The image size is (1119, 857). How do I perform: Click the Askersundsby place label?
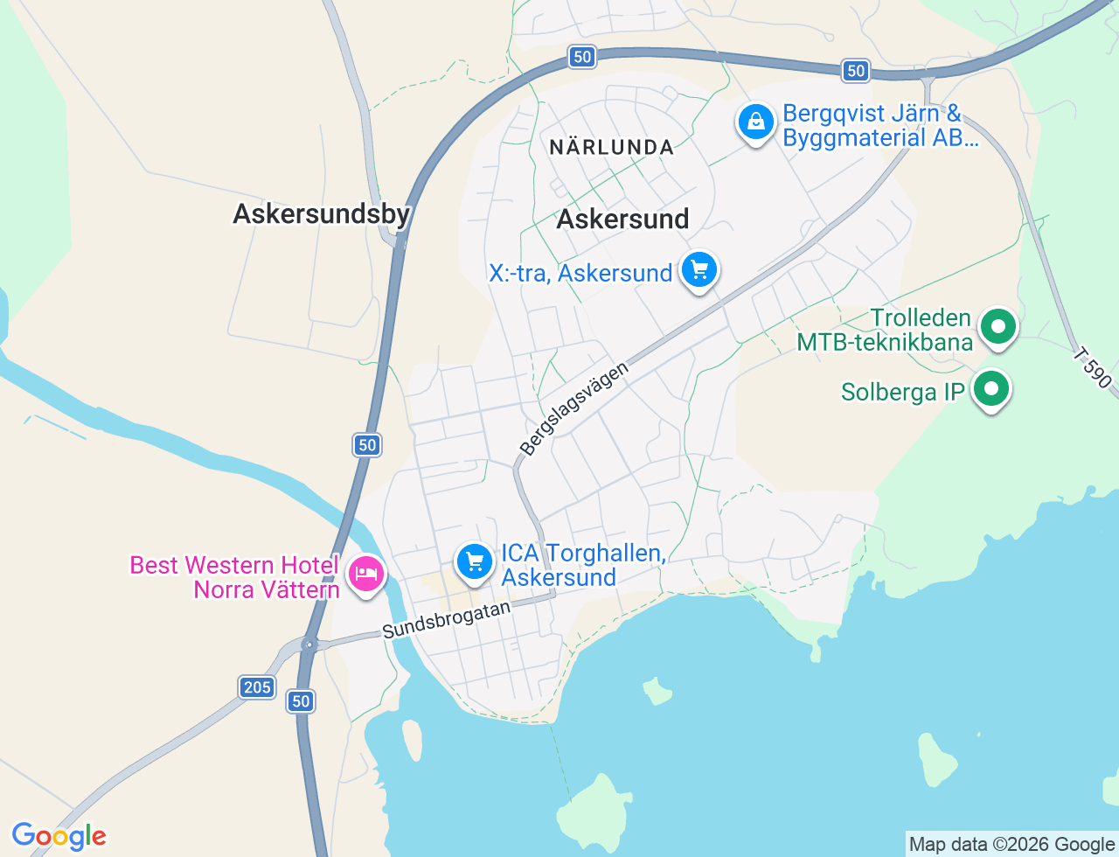pyautogui.click(x=321, y=213)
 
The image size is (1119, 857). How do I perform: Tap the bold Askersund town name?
pyautogui.click(x=622, y=219)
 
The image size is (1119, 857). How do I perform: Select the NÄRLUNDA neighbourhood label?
pyautogui.click(x=611, y=147)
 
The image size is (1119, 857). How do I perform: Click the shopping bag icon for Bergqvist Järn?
pyautogui.click(x=755, y=122)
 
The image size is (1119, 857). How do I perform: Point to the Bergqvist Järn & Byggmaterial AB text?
pyautogui.click(x=879, y=126)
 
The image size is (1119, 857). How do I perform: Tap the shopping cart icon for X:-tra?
pyautogui.click(x=699, y=270)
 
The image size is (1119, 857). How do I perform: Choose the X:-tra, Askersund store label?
pyautogui.click(x=580, y=273)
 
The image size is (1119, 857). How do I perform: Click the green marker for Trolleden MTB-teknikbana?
pyautogui.click(x=997, y=327)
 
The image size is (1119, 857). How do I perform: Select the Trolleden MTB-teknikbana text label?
pyautogui.click(x=885, y=330)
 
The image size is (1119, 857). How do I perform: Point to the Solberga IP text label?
pyautogui.click(x=902, y=392)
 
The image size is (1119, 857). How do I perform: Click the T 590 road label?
pyautogui.click(x=1093, y=368)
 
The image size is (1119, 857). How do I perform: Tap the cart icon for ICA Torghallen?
pyautogui.click(x=475, y=561)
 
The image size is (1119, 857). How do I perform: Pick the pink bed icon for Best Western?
pyautogui.click(x=366, y=575)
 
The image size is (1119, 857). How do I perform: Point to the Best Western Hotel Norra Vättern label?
pyautogui.click(x=234, y=577)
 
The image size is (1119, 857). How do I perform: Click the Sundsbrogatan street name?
pyautogui.click(x=446, y=620)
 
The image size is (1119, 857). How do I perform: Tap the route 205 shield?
pyautogui.click(x=257, y=687)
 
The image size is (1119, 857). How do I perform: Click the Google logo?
pyautogui.click(x=59, y=837)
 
